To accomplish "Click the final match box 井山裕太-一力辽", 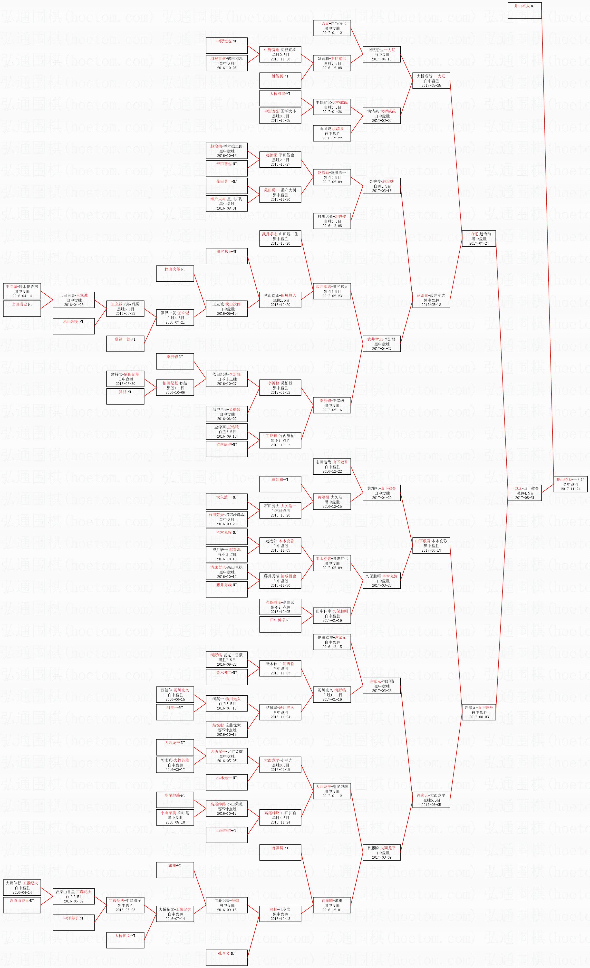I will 570,484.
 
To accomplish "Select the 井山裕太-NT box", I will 524,11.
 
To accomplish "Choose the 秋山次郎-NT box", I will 175,273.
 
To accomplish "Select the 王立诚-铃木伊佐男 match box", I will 22,291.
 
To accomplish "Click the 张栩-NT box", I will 175,870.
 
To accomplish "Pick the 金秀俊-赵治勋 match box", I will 381,186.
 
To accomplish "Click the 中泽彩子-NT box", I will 74,922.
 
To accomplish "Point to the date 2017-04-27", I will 381,348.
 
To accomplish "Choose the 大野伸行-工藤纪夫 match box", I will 22,887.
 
